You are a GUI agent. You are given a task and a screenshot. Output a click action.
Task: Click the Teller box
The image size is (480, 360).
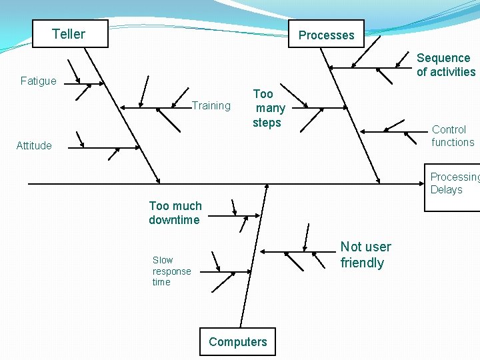[x=69, y=34]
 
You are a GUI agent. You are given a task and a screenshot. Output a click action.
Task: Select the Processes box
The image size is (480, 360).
[x=326, y=35]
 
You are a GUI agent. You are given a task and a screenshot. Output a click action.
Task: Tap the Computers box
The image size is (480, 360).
[x=237, y=342]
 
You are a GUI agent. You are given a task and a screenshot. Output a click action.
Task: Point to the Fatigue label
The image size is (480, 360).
[x=39, y=81]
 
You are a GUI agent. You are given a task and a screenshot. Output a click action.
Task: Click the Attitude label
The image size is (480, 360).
[x=34, y=146]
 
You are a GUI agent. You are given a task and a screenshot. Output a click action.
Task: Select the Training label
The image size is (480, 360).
[x=211, y=105]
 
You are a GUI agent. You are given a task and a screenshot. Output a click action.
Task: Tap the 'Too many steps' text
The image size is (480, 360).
[x=268, y=109]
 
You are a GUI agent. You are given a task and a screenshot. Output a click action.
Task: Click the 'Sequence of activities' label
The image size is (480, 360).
[x=445, y=65]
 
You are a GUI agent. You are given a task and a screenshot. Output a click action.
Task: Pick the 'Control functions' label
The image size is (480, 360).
[x=453, y=136]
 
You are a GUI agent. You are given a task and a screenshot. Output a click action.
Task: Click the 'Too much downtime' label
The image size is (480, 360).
[x=175, y=213]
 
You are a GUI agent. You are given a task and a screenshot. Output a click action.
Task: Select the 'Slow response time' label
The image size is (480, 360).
[x=171, y=271]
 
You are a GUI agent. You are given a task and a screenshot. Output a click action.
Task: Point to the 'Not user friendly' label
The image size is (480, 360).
[x=365, y=255]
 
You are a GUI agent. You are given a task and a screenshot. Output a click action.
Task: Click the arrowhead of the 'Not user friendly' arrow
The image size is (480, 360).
[x=262, y=252]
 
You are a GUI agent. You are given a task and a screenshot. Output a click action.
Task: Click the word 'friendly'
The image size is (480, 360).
[x=362, y=263]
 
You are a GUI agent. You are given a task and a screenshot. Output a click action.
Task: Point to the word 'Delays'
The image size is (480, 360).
[x=446, y=190]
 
